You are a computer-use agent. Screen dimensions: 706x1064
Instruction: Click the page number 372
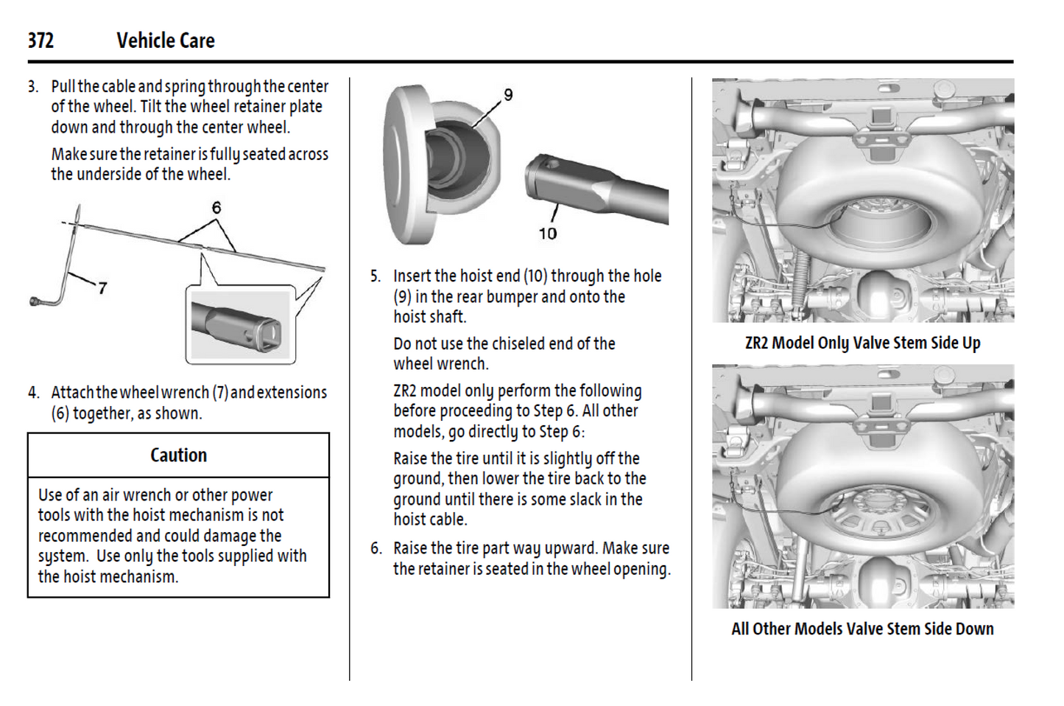[40, 41]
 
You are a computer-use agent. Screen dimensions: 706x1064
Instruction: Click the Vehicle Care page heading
[166, 41]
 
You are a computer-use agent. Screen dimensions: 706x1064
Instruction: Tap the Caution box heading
[178, 455]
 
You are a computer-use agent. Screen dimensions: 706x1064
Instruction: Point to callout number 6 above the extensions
[216, 208]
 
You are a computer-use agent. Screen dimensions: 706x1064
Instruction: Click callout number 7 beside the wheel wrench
[102, 288]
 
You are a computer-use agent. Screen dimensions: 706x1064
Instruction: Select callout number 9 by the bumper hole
[508, 95]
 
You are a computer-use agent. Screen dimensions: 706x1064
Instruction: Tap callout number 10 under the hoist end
[547, 234]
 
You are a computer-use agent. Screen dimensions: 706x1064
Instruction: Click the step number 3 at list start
[32, 87]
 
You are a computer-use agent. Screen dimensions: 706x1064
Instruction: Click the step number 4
[32, 393]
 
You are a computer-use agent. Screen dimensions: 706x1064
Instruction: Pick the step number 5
[375, 276]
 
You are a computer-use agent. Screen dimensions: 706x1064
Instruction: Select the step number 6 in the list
[376, 549]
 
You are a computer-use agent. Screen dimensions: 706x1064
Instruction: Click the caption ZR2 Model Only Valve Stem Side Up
[862, 343]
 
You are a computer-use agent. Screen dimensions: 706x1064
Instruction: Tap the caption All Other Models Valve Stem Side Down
[862, 629]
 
